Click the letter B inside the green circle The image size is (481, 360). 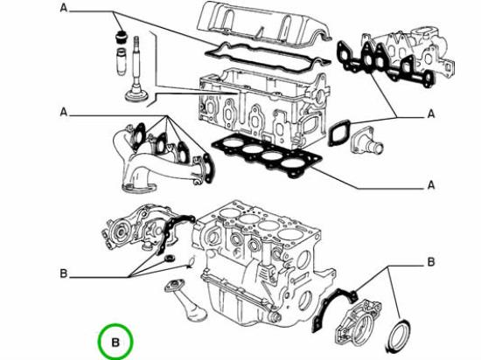pos(115,342)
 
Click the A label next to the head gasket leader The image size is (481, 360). pos(431,185)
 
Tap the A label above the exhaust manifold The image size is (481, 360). pos(64,112)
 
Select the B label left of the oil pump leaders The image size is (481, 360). pos(64,273)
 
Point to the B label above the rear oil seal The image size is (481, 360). pos(431,262)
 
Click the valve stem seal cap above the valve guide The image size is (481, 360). pos(122,38)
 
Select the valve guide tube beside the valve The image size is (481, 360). pos(122,61)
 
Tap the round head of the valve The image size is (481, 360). pos(136,94)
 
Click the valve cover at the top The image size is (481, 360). pos(264,24)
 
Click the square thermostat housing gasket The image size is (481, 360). pos(339,134)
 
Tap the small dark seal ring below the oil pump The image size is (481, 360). pos(170,258)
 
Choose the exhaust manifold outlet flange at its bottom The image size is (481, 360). pos(139,188)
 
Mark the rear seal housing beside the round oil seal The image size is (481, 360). pos(358,322)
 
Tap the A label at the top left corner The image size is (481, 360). pos(64,8)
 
